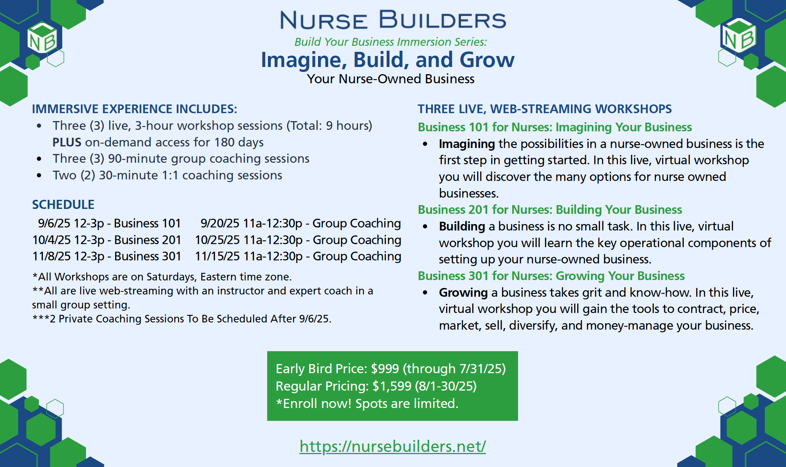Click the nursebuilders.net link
(x=393, y=447)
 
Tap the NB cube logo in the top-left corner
(x=42, y=38)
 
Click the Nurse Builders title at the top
(x=393, y=20)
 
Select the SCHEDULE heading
(x=63, y=205)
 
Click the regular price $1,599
(x=392, y=386)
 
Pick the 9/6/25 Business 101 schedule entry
(x=110, y=223)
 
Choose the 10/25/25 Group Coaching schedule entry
(x=298, y=240)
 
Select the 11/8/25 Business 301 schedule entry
(x=107, y=256)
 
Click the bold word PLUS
(x=67, y=142)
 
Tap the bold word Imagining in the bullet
(x=467, y=144)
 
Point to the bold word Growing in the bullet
(x=463, y=293)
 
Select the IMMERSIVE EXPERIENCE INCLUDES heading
(x=135, y=109)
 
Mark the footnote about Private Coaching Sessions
(x=182, y=319)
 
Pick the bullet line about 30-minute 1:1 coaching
(x=168, y=175)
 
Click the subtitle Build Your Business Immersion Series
(x=391, y=42)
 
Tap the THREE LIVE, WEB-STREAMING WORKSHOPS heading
(x=545, y=109)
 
